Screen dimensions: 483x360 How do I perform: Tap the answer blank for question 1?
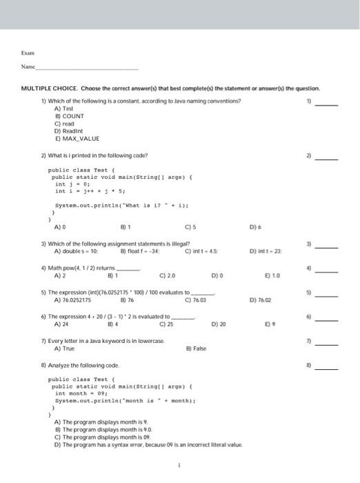click(327, 103)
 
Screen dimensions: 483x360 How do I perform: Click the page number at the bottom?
click(179, 466)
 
